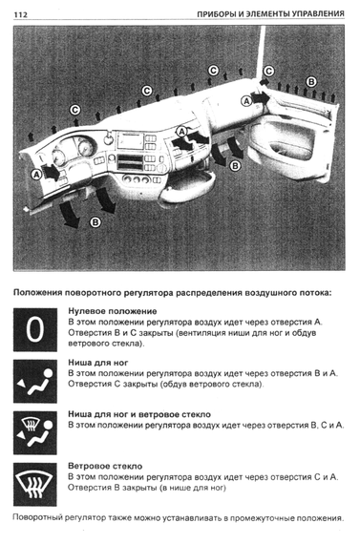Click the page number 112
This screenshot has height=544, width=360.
click(x=20, y=14)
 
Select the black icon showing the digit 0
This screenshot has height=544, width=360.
click(x=35, y=329)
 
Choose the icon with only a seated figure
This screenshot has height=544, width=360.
click(x=35, y=382)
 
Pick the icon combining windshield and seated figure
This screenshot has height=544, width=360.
click(x=35, y=432)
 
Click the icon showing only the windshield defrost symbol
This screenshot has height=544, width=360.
click(x=35, y=484)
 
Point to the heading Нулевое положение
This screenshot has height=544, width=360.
click(x=112, y=311)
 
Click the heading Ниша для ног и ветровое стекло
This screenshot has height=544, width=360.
click(x=139, y=414)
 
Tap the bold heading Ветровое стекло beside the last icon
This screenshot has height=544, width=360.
click(x=105, y=466)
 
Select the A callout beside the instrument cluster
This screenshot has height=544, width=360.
click(x=36, y=175)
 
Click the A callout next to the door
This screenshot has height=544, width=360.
click(x=246, y=101)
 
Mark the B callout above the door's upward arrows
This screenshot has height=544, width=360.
click(x=311, y=82)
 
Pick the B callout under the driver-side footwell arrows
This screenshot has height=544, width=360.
click(x=95, y=222)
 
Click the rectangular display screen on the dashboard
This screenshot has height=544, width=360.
click(x=131, y=141)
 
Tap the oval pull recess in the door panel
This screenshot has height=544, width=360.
click(x=290, y=150)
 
